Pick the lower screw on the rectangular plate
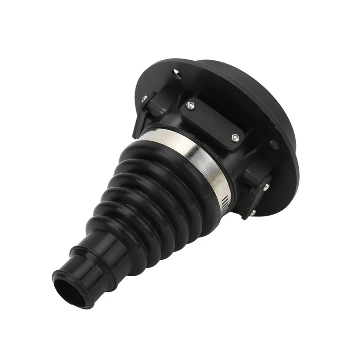235,138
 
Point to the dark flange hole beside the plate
272,144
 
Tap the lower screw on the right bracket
253,212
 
